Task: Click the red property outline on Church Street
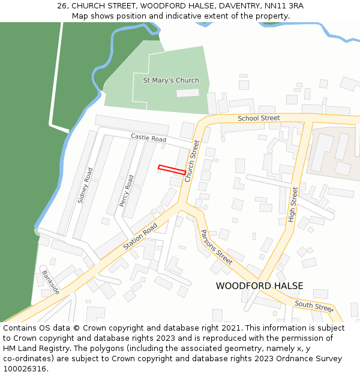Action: (x=172, y=170)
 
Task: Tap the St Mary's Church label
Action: (x=171, y=80)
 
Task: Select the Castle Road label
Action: (x=148, y=139)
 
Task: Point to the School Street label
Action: (x=259, y=118)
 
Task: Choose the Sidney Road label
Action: (x=85, y=185)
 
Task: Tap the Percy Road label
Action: (x=127, y=191)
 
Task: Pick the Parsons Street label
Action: (x=216, y=247)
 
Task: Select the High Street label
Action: (x=293, y=205)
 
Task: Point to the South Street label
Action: (x=314, y=307)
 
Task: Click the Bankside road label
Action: (x=50, y=282)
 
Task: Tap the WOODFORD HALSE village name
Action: (x=259, y=286)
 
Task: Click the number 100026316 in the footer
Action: (x=25, y=369)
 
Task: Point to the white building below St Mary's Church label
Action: (x=187, y=93)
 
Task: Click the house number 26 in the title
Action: (x=62, y=6)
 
